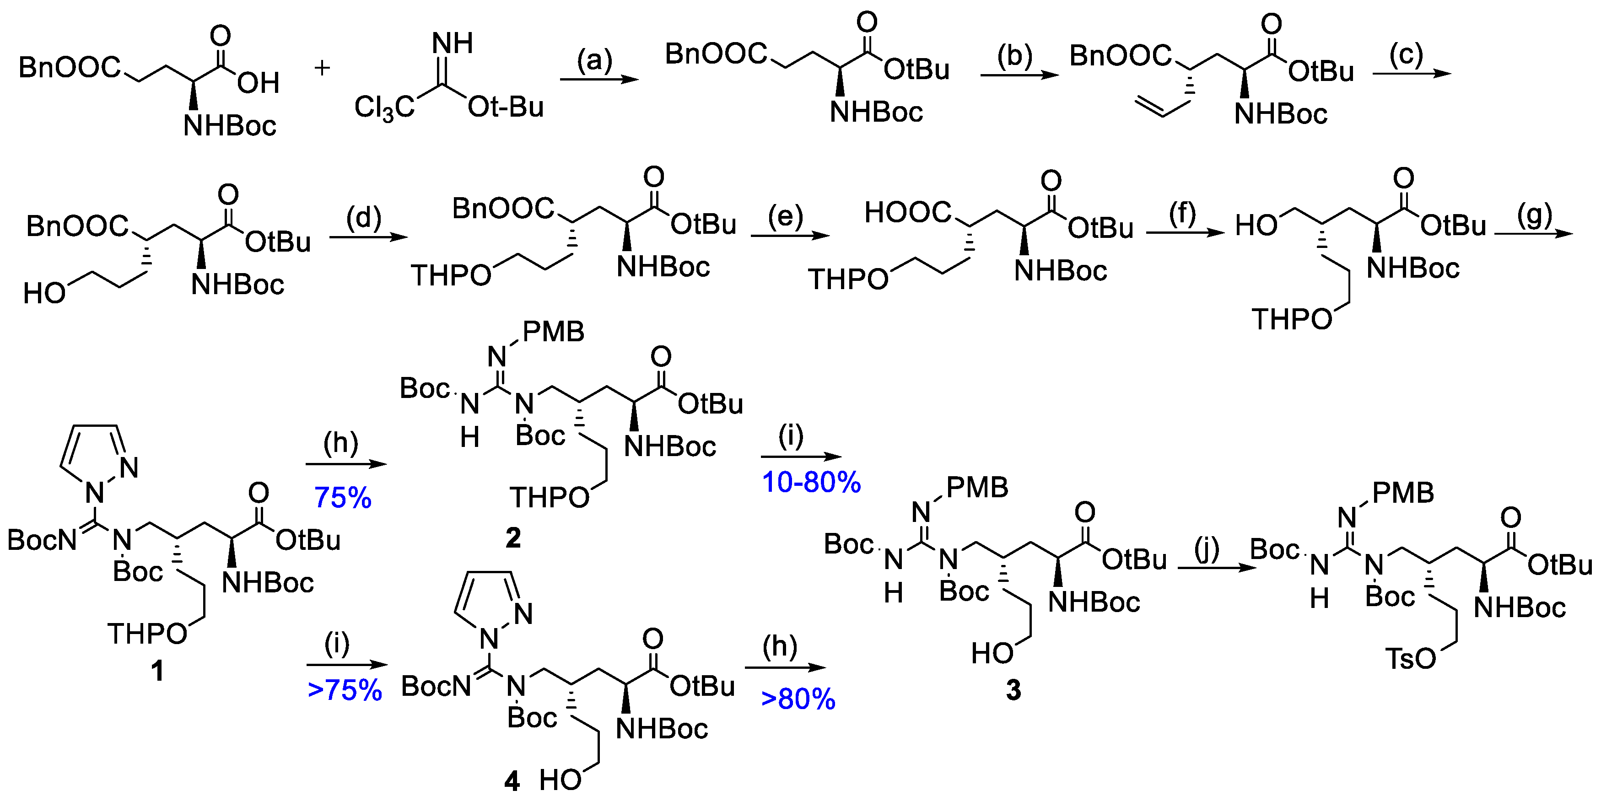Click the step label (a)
(x=595, y=60)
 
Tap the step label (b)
(x=1014, y=57)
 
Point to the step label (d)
(x=364, y=218)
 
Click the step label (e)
(x=786, y=217)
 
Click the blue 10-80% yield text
(x=811, y=482)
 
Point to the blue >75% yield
(x=345, y=690)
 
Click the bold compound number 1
(x=157, y=671)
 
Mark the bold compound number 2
(x=513, y=538)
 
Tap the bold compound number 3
(x=1013, y=690)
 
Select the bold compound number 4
(x=512, y=780)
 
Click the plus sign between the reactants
(x=322, y=68)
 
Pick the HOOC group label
(x=907, y=213)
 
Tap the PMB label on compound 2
(x=553, y=333)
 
